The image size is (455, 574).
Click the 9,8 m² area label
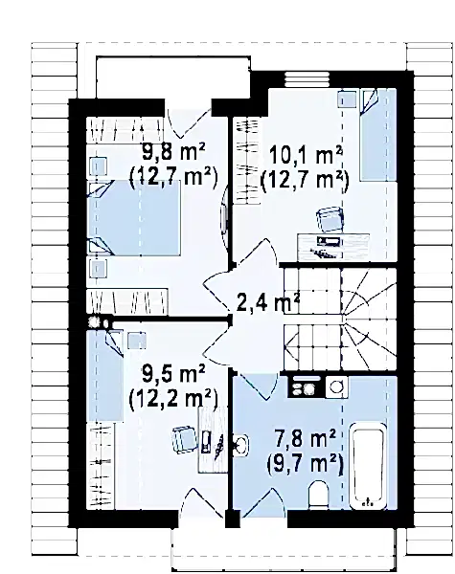coord(173,151)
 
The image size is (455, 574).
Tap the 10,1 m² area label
coord(307,156)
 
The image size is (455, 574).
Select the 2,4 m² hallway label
coord(268,304)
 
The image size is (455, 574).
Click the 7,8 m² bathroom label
coord(305,439)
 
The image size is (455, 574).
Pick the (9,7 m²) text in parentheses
coord(305,464)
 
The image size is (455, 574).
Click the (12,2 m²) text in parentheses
coord(173,398)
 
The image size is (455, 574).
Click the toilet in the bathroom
coord(319,495)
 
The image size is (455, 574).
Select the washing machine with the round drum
coord(336,386)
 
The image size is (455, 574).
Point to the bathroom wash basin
coord(240,445)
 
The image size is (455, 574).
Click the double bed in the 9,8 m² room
coord(134,217)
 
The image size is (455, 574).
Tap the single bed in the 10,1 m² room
coord(378,134)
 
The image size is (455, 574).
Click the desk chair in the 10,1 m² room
coord(330,219)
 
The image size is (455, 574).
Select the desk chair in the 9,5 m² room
coord(186,440)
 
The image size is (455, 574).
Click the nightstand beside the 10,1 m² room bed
coord(347,99)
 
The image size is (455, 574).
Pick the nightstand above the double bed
coord(99,166)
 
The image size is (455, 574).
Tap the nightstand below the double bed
coord(99,269)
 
